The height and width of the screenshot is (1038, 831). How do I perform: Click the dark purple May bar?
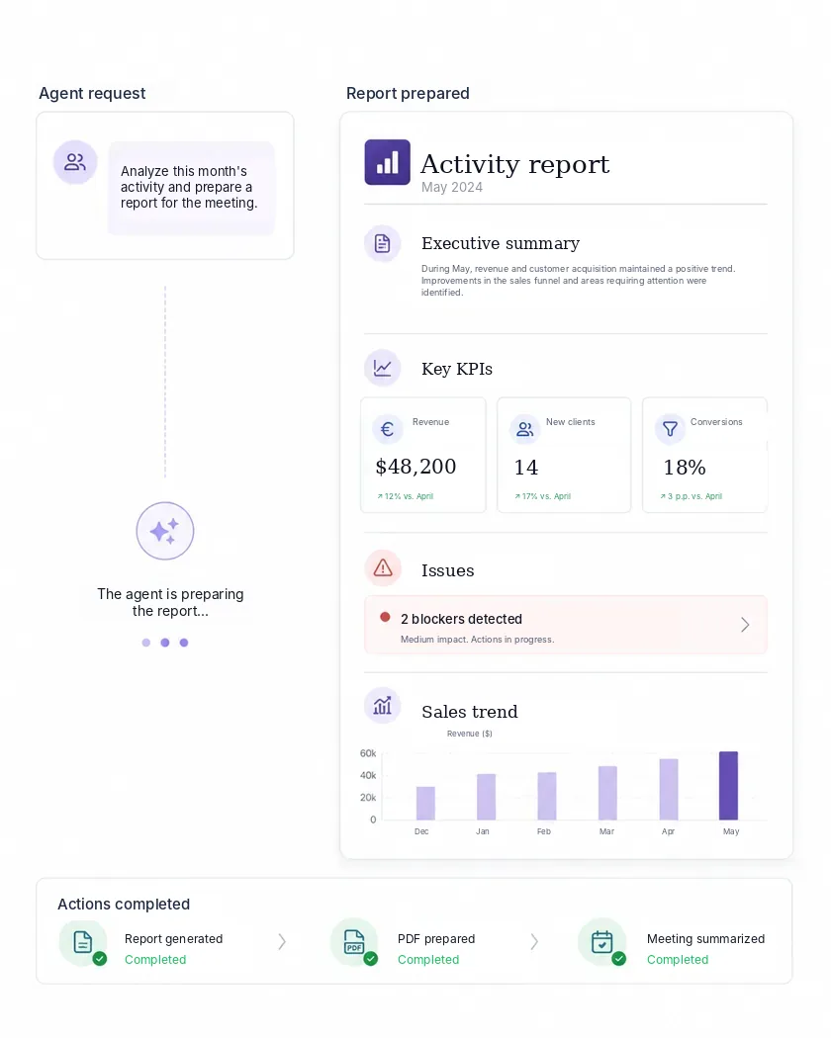click(728, 785)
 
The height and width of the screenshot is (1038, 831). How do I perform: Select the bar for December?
click(425, 803)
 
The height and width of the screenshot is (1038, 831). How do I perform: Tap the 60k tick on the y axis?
click(368, 753)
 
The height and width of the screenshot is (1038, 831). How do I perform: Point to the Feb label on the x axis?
click(543, 831)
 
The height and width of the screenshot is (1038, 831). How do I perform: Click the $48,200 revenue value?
click(415, 467)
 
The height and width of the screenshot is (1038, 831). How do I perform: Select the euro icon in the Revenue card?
click(388, 429)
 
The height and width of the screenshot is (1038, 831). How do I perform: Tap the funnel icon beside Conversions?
click(670, 429)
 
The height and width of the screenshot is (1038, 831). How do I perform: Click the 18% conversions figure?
click(685, 468)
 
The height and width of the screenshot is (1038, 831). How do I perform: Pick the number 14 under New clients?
click(526, 468)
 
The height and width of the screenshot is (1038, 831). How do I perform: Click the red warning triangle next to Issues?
click(383, 568)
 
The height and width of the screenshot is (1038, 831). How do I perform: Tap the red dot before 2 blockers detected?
click(385, 617)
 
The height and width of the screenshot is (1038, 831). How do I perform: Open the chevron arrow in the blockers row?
click(745, 624)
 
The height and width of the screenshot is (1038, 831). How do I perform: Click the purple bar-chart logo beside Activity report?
click(387, 162)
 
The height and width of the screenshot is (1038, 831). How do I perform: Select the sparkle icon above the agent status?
click(164, 531)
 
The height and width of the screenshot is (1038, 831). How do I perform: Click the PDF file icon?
click(354, 941)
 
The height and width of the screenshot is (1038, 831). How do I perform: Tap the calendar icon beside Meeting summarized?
click(601, 941)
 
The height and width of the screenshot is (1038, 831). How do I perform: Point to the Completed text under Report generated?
click(155, 959)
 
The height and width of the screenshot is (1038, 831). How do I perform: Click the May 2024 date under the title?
click(452, 188)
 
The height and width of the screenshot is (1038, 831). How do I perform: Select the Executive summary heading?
click(501, 243)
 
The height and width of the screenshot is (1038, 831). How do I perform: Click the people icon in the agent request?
click(75, 162)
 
